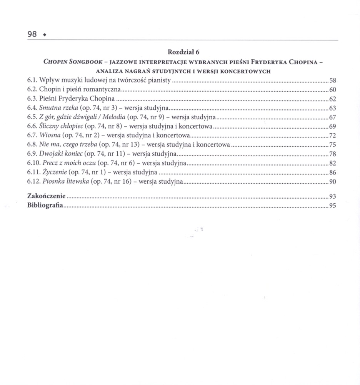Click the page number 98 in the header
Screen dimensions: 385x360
click(32, 34)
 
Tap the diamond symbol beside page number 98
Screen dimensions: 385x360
click(45, 35)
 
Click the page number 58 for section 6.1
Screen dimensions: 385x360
click(333, 81)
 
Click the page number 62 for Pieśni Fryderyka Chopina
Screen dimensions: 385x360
click(333, 99)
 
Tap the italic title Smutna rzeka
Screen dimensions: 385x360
click(58, 108)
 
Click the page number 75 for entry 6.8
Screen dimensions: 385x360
click(333, 145)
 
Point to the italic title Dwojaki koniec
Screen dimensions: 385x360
click(62, 154)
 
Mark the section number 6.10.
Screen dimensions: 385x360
click(34, 163)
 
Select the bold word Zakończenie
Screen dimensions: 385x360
click(46, 196)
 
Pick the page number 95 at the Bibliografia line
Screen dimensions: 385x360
click(333, 206)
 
